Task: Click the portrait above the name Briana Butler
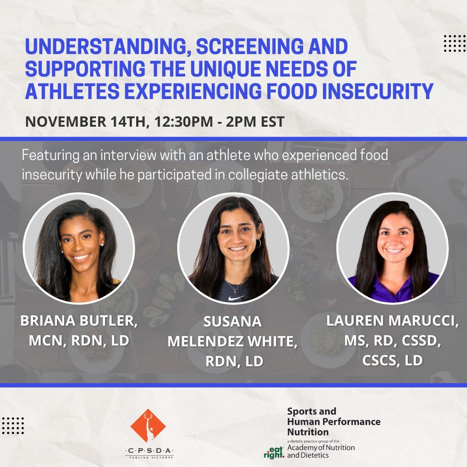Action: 79,248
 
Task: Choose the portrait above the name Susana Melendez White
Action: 233,248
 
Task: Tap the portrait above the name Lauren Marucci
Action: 392,248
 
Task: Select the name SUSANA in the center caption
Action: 233,322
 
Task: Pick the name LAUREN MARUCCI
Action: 392,321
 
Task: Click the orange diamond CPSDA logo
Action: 148,426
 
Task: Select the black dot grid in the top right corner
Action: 454,43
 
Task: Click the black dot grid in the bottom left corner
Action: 13,426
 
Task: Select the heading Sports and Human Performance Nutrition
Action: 333,421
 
